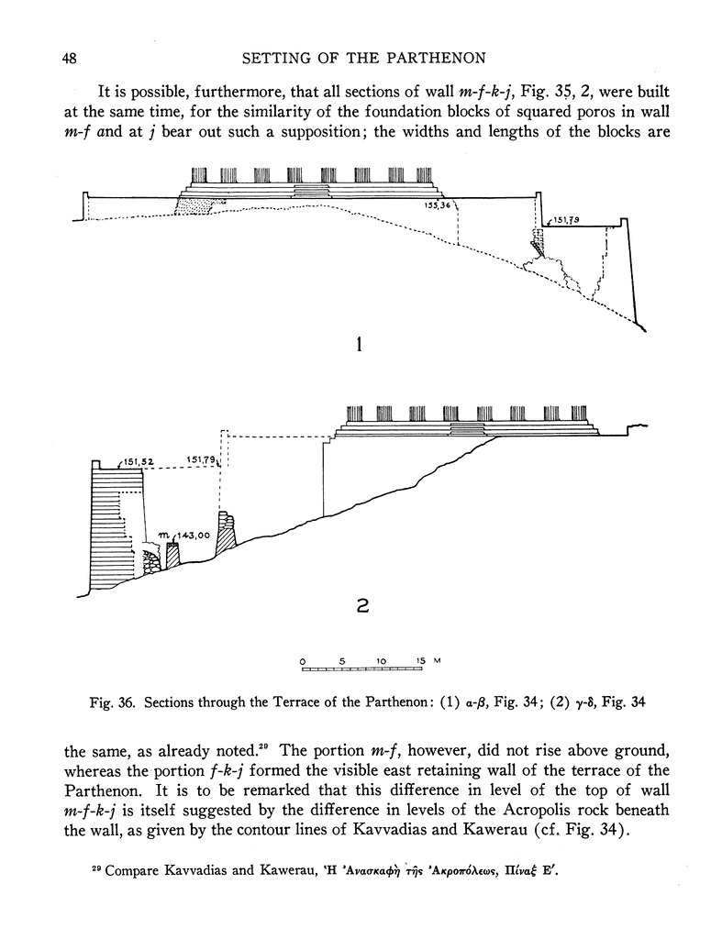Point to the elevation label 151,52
pyautogui.click(x=137, y=461)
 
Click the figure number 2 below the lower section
pyautogui.click(x=361, y=605)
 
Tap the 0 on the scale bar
pyautogui.click(x=302, y=660)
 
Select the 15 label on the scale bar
pyautogui.click(x=419, y=660)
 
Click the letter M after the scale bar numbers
pyautogui.click(x=438, y=660)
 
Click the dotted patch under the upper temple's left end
pyautogui.click(x=195, y=207)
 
